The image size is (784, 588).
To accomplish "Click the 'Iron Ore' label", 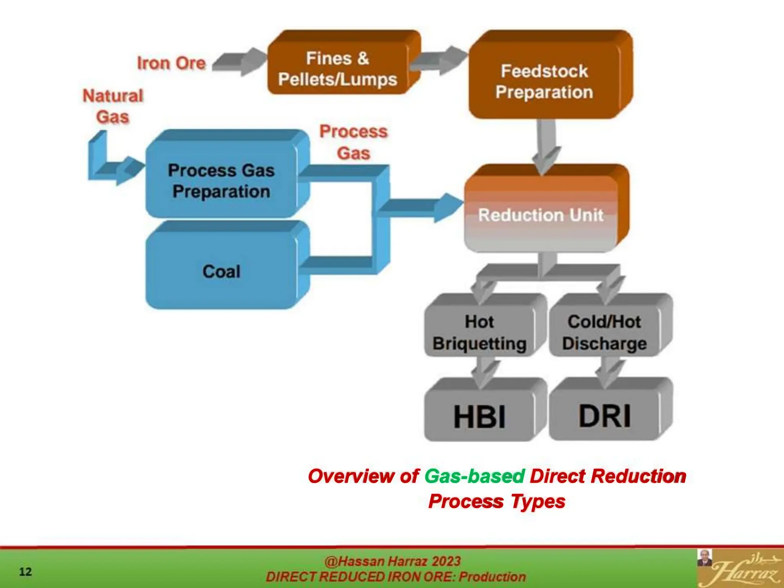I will (x=171, y=63).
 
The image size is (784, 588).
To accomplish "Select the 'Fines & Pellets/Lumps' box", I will (x=337, y=69).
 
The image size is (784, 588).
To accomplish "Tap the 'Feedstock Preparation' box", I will (x=544, y=82).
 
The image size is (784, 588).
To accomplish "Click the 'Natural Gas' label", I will (x=113, y=106).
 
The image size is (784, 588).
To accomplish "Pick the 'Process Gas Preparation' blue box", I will (x=221, y=181).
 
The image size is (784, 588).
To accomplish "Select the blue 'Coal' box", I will (x=221, y=271).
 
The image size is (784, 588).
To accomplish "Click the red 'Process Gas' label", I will (x=353, y=142).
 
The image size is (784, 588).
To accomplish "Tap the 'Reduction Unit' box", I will (x=541, y=215).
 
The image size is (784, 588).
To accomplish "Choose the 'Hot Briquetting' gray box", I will (x=479, y=332).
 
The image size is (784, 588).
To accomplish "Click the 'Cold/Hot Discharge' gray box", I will (x=604, y=332).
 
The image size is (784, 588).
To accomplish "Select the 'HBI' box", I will (x=479, y=416).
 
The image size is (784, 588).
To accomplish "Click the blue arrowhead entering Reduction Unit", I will (x=448, y=207).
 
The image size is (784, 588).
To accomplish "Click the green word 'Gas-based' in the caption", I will (x=474, y=476).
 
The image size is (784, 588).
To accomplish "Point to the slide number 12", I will (x=25, y=572).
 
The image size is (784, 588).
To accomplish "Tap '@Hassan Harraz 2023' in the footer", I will (x=392, y=561).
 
